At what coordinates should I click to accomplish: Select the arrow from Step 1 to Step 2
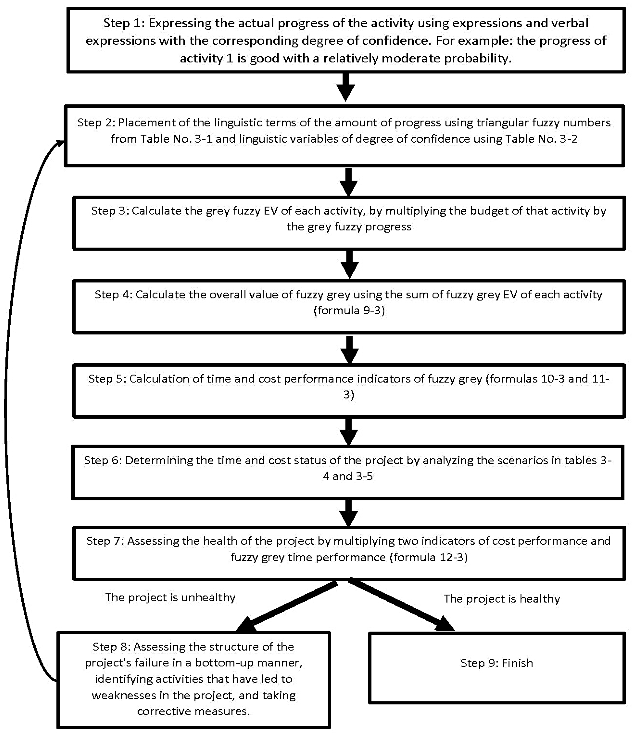345,87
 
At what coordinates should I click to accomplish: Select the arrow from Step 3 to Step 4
349,265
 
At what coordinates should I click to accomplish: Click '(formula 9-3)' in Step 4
349,310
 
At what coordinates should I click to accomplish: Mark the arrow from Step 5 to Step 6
349,432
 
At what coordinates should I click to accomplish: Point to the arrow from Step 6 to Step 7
349,513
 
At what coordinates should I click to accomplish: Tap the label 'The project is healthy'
502,599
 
